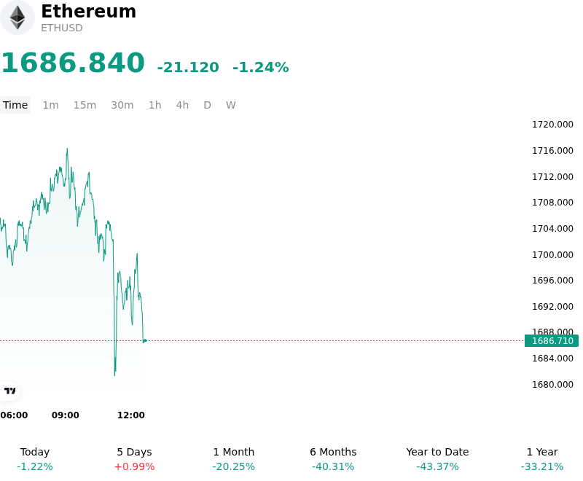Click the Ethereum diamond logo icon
pyautogui.click(x=17, y=17)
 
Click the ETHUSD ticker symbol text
pyautogui.click(x=62, y=28)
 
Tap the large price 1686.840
pyautogui.click(x=74, y=63)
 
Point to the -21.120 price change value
pyautogui.click(x=188, y=67)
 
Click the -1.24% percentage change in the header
pyautogui.click(x=261, y=67)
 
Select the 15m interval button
pyautogui.click(x=85, y=105)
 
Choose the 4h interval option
pyautogui.click(x=182, y=105)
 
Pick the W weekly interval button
pyautogui.click(x=230, y=105)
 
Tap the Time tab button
pyautogui.click(x=15, y=105)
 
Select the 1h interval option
pyautogui.click(x=154, y=105)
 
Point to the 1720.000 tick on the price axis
pyautogui.click(x=552, y=125)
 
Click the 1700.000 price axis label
pyautogui.click(x=552, y=254)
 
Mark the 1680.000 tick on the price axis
pyautogui.click(x=552, y=384)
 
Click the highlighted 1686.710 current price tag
pyautogui.click(x=552, y=341)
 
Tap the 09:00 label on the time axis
pyautogui.click(x=66, y=415)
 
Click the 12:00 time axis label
pyautogui.click(x=131, y=415)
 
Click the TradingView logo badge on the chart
pyautogui.click(x=9, y=391)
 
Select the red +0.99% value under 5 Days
pyautogui.click(x=134, y=466)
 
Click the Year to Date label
pyautogui.click(x=437, y=452)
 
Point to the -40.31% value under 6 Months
pyautogui.click(x=333, y=466)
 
